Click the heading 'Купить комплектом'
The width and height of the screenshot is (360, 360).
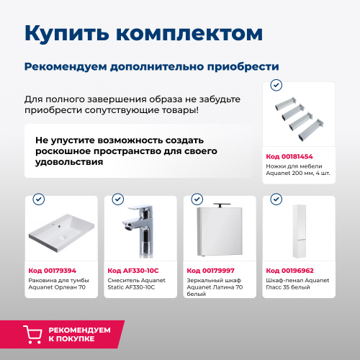(143, 33)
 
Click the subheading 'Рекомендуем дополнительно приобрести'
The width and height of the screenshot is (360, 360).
(151, 67)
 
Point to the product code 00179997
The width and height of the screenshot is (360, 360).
(211, 270)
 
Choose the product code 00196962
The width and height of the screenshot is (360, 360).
(289, 270)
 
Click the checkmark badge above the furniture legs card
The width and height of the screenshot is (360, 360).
(275, 85)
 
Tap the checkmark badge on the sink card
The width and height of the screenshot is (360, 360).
(38, 199)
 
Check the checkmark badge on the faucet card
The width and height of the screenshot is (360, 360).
(117, 199)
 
